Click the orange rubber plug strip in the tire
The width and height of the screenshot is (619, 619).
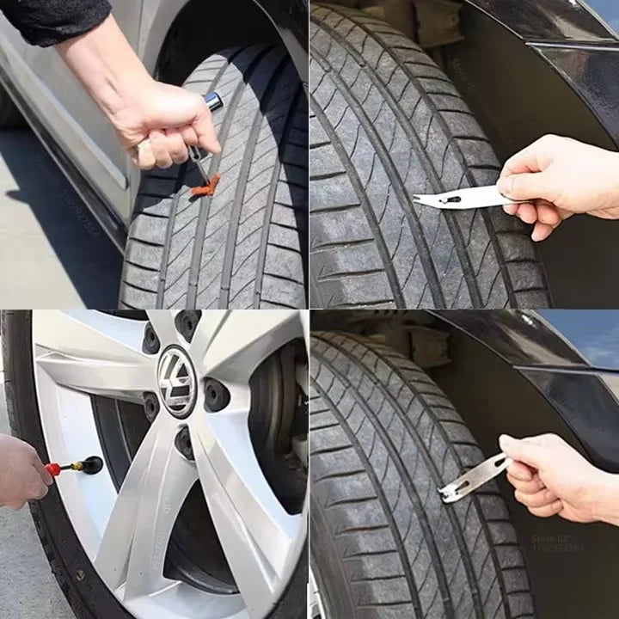pos(205,185)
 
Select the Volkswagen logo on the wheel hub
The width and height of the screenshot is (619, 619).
pos(176,381)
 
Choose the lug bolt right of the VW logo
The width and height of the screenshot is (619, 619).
pos(216,395)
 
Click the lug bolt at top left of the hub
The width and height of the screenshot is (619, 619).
pos(150,338)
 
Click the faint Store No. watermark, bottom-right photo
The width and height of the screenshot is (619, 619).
pos(559,542)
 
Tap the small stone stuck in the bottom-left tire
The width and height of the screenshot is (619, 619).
pos(80,575)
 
